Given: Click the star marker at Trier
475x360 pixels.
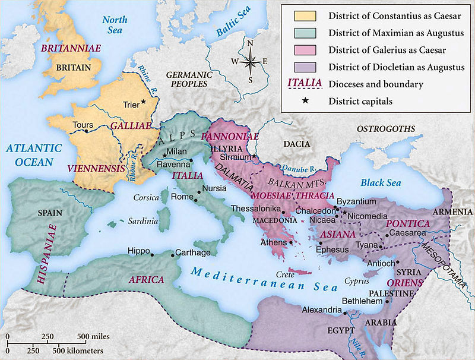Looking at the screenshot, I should click(x=143, y=103).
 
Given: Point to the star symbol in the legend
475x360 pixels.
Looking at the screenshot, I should click(x=305, y=101).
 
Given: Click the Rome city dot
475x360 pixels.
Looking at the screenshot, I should click(x=195, y=201).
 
